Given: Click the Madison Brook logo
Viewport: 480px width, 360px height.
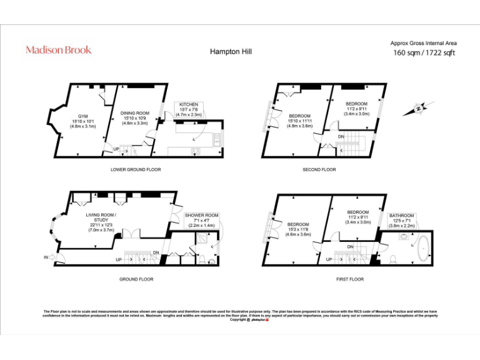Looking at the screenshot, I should pos(58,49).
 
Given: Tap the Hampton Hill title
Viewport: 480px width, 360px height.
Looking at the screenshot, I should pos(228,52).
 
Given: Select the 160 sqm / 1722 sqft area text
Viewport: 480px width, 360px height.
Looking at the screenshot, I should pos(424,52).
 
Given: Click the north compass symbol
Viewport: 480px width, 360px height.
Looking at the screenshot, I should pos(417,109).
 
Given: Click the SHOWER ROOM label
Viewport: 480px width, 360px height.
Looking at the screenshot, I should pos(201,219).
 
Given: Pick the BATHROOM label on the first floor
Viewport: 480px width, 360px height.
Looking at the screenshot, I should pos(402,219).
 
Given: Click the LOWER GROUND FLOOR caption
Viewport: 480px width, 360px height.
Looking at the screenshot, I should pos(136,169).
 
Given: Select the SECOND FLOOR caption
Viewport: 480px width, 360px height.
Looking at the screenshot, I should pos(319,169).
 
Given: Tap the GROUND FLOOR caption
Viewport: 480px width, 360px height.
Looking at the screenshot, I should pos(136,279).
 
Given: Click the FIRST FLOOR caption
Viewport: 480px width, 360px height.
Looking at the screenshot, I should pos(349,279).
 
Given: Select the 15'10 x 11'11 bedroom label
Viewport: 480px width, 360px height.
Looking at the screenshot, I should pos(299,121).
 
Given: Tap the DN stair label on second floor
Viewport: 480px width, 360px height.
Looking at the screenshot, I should pos(341,136).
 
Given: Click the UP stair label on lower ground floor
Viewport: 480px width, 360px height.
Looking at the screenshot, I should pos(116,149).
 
